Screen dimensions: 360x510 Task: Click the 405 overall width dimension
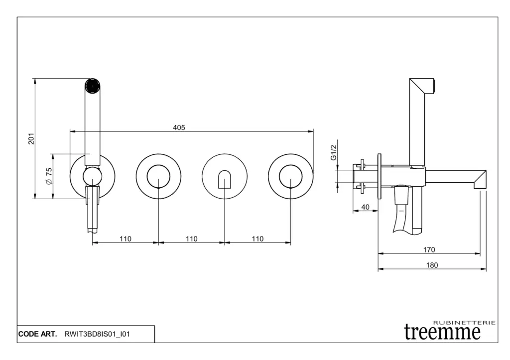179,127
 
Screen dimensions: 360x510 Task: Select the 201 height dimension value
31,138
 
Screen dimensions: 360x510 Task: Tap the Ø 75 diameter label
49,176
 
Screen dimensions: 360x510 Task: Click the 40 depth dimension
365,207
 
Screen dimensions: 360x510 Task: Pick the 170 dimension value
429,249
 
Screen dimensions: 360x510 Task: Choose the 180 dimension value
432,265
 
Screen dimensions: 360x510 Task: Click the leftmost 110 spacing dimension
125,239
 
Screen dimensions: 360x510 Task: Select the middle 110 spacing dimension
191,239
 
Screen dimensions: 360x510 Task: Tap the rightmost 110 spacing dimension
257,239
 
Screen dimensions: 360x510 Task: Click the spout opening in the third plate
225,179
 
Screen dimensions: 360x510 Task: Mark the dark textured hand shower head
92,86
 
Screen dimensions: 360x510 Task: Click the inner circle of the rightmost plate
290,176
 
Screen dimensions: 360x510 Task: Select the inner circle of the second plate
158,176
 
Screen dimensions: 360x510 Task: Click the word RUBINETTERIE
465,323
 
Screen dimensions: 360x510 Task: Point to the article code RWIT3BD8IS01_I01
97,334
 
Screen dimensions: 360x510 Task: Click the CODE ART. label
38,334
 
